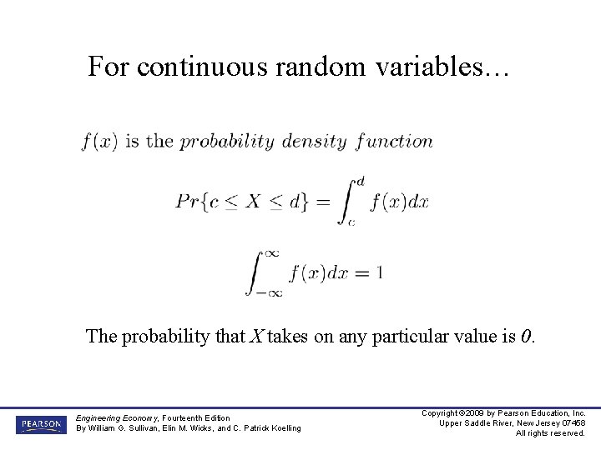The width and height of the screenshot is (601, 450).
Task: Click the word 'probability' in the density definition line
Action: coord(227,141)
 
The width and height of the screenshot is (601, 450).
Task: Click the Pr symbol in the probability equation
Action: coord(185,202)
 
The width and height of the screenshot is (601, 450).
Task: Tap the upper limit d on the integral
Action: coord(360,181)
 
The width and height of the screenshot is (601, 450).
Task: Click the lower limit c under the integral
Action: coord(351,222)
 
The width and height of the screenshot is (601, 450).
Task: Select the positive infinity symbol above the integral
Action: coord(270,252)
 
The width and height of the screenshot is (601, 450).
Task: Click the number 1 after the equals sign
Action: coord(379,272)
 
